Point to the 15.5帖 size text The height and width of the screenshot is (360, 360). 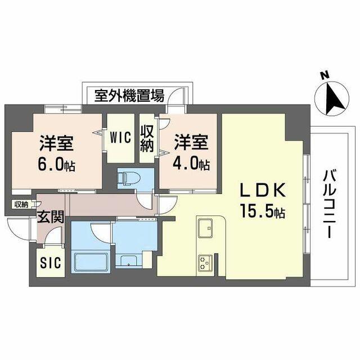[263, 213]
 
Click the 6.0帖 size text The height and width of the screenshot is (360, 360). [57, 166]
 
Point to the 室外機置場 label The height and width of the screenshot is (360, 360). [129, 95]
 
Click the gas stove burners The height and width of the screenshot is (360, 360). [204, 262]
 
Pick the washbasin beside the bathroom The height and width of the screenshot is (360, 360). [130, 260]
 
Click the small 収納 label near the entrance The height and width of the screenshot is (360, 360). [21, 204]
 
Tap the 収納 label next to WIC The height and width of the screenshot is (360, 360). [147, 138]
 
